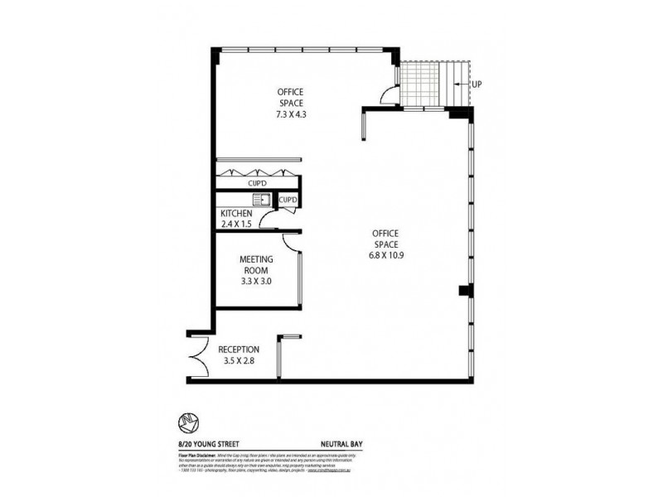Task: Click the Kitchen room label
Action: click(236, 213)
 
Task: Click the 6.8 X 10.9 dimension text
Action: click(386, 256)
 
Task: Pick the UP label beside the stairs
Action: click(477, 84)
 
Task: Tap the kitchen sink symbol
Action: click(261, 200)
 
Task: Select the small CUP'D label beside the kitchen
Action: click(288, 200)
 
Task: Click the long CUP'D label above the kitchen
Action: click(257, 182)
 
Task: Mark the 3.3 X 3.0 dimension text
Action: click(256, 281)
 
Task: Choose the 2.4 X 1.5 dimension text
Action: click(236, 224)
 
